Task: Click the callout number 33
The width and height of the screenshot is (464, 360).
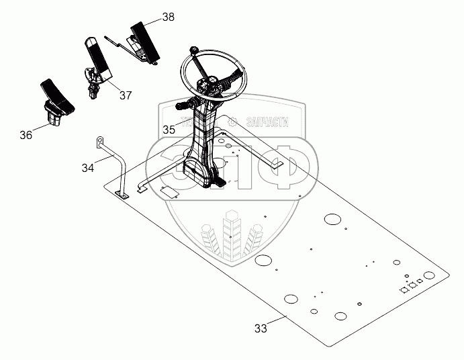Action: tap(261, 328)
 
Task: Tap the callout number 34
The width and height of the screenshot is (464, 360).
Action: tap(88, 167)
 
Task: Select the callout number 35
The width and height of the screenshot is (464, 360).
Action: tap(168, 128)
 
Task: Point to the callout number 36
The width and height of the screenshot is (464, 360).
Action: tap(26, 135)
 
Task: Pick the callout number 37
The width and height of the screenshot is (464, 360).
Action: tap(126, 95)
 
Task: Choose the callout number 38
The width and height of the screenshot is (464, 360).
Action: tap(168, 17)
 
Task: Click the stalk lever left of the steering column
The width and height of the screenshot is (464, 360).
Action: tap(183, 105)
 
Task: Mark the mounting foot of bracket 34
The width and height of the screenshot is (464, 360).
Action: tap(123, 195)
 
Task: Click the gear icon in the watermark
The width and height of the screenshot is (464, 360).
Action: tap(233, 122)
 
